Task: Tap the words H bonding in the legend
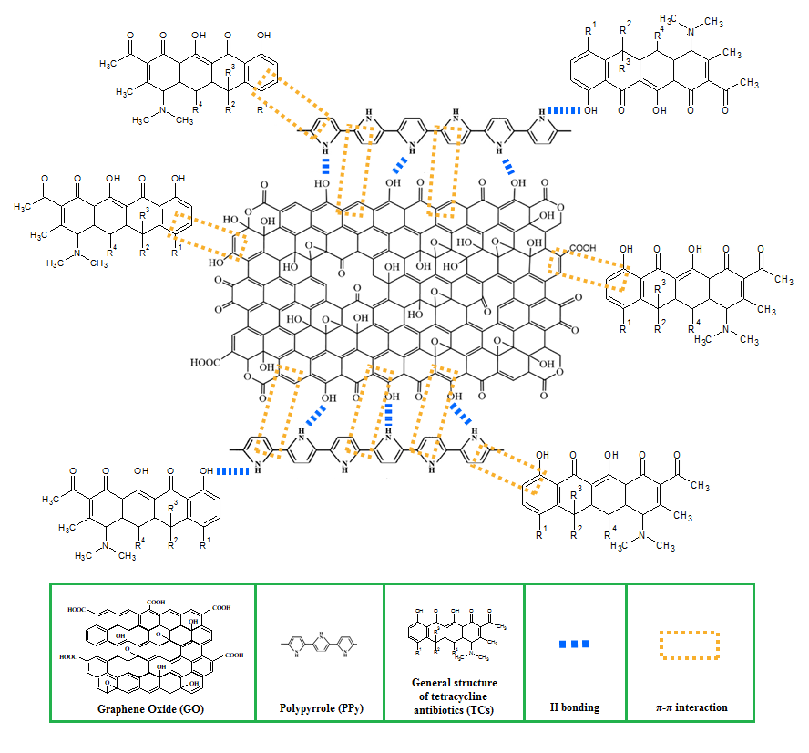tap(575, 707)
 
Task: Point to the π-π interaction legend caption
tap(690, 707)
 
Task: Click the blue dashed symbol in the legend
tap(575, 645)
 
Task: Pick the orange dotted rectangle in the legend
tap(690, 644)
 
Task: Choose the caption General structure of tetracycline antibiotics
tap(454, 696)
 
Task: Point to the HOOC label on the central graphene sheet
tap(206, 362)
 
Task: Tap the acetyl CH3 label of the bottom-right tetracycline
tap(699, 484)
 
